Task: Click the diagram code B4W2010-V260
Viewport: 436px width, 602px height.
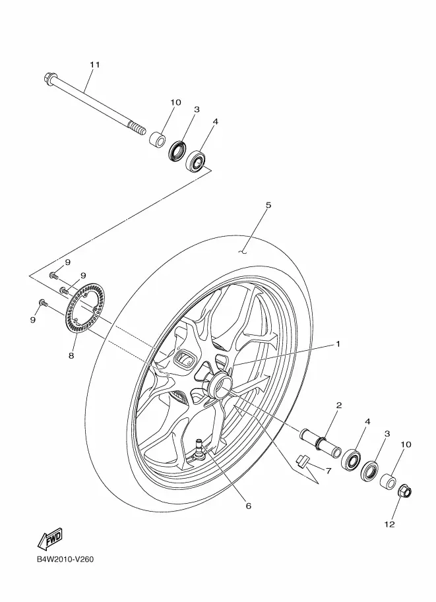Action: pyautogui.click(x=65, y=559)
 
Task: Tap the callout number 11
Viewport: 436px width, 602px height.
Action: pyautogui.click(x=95, y=65)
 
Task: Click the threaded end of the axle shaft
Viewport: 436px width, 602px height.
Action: pyautogui.click(x=137, y=127)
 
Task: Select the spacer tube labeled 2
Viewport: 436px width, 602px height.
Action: pyautogui.click(x=321, y=442)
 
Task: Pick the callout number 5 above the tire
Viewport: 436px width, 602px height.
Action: pyautogui.click(x=268, y=205)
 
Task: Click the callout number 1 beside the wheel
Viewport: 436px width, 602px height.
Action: pyautogui.click(x=338, y=344)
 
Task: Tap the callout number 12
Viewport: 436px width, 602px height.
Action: pyautogui.click(x=390, y=524)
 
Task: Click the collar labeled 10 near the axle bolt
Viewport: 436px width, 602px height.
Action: pyautogui.click(x=157, y=139)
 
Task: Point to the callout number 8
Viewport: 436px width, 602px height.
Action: pyautogui.click(x=71, y=356)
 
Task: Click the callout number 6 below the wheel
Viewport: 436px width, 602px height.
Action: pyautogui.click(x=248, y=506)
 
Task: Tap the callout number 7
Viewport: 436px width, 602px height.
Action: pyautogui.click(x=328, y=471)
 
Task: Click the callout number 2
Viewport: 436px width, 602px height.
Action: pyautogui.click(x=339, y=405)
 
